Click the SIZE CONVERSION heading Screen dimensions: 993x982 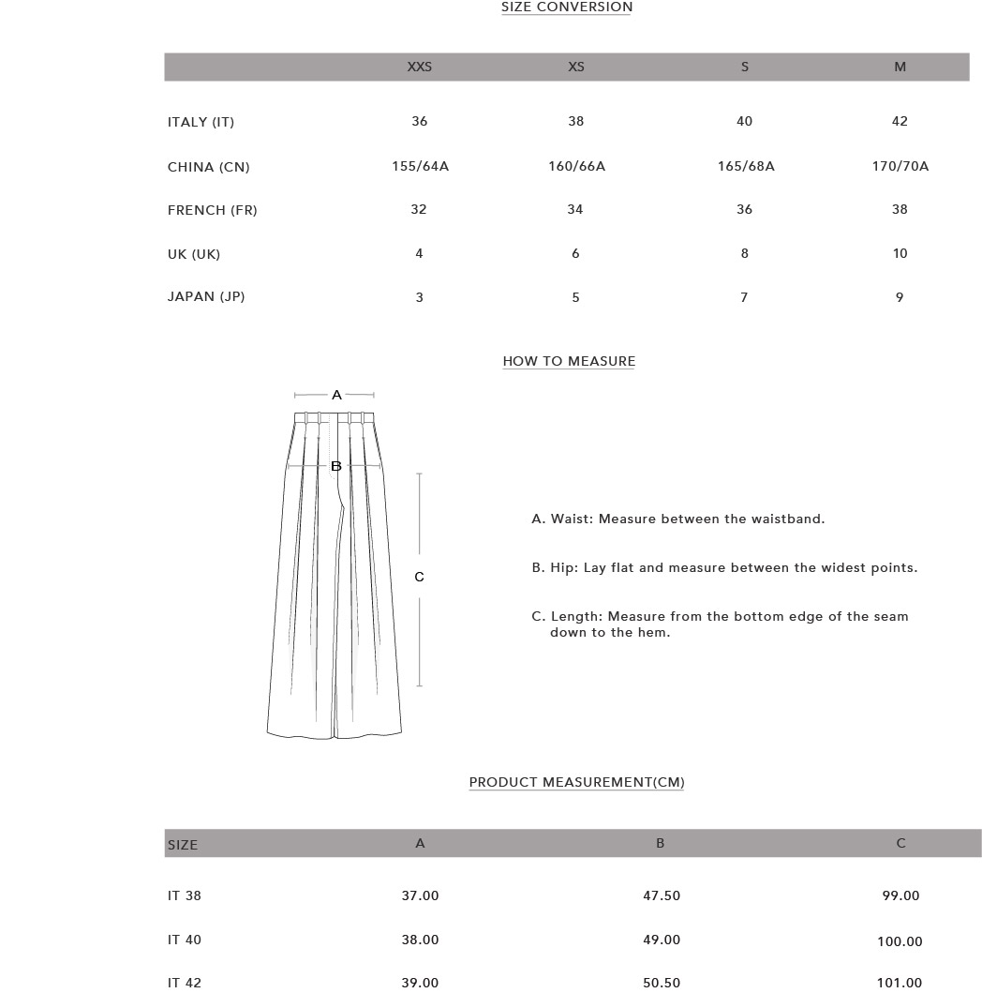pos(567,8)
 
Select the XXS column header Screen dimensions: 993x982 pos(419,67)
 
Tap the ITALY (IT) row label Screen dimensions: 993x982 pos(201,122)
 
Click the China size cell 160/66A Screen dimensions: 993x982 pos(576,166)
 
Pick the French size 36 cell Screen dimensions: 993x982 pos(744,209)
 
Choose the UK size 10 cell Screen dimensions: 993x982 pos(900,253)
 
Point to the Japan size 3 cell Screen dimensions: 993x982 pos(419,297)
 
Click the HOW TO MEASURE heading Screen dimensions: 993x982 pos(569,361)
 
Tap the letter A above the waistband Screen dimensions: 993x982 pos(336,396)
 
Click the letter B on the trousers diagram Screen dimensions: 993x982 pos(336,466)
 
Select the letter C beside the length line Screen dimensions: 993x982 pos(419,577)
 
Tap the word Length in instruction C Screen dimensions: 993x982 pos(576,616)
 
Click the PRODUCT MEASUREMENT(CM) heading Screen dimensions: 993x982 pos(576,782)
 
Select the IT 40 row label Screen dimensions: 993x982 pos(185,940)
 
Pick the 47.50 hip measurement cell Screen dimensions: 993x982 pos(662,895)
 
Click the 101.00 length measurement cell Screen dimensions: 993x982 pos(900,983)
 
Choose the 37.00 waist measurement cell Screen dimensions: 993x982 pos(420,895)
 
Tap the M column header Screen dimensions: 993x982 pos(900,67)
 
